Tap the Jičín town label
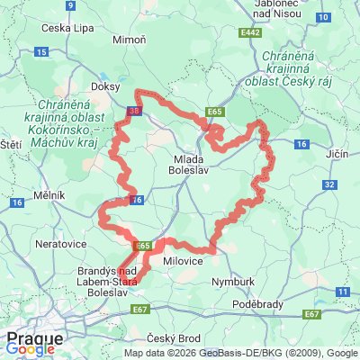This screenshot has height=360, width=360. tap(336, 154)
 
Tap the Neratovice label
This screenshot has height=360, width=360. tap(58, 244)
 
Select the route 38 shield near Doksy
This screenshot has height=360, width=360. tap(134, 112)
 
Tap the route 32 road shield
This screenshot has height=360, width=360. tap(329, 184)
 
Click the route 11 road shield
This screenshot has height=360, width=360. tap(342, 292)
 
